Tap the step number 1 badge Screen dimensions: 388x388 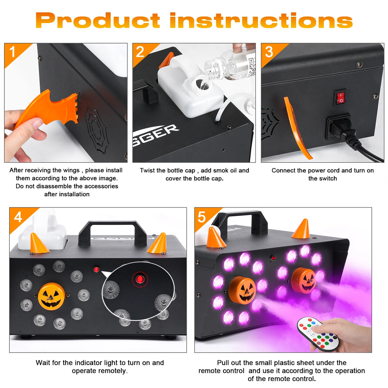(x=13, y=52)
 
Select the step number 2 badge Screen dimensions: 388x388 (x=140, y=52)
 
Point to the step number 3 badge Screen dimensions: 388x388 (x=269, y=52)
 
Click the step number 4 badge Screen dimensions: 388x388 (x=18, y=217)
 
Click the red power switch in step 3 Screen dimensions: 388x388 (x=340, y=98)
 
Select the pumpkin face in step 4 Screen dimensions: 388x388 (x=51, y=296)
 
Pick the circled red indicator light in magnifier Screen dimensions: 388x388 (x=140, y=279)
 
